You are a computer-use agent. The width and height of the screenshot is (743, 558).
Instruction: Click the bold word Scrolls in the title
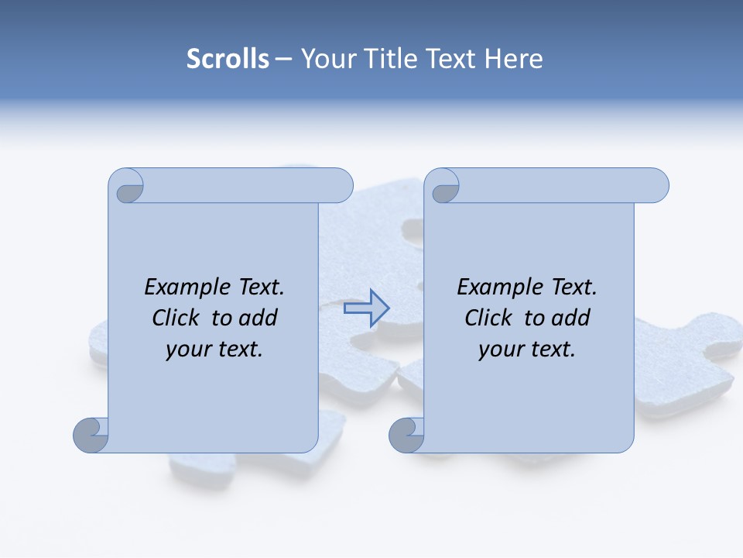pyautogui.click(x=228, y=59)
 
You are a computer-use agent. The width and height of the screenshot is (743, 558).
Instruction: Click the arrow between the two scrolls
pyautogui.click(x=367, y=308)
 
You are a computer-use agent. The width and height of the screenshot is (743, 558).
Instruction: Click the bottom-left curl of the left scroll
pyautogui.click(x=91, y=435)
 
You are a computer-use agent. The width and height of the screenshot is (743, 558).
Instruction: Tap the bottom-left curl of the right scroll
pyautogui.click(x=406, y=435)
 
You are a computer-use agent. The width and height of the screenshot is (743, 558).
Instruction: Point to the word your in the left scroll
pyautogui.click(x=187, y=350)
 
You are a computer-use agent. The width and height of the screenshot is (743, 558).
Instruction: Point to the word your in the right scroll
pyautogui.click(x=499, y=350)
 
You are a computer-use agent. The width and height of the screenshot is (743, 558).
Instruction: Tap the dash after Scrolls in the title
pyautogui.click(x=284, y=60)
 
